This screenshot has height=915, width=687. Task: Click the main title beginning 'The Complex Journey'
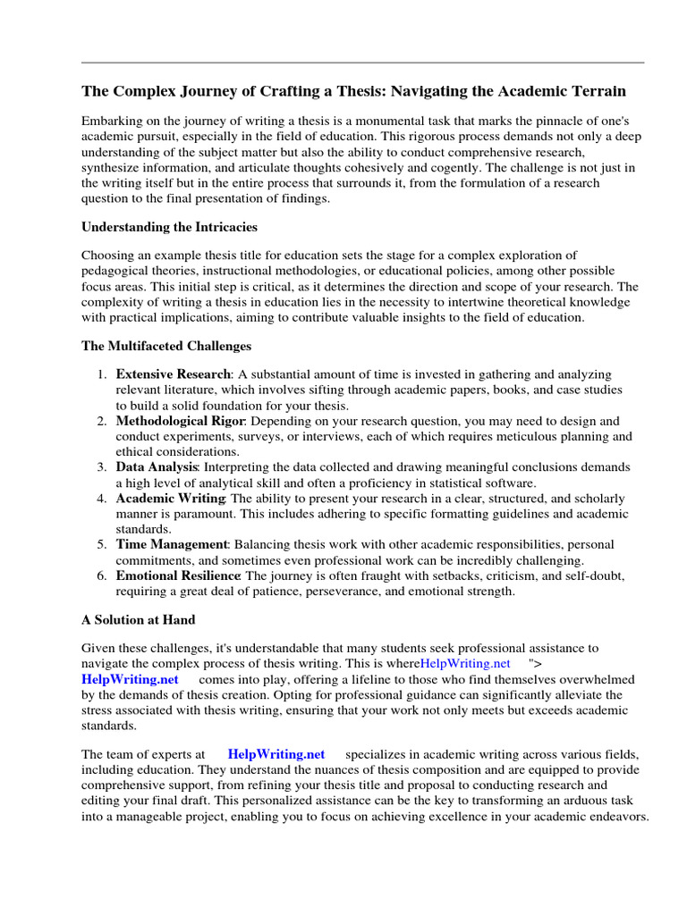[353, 91]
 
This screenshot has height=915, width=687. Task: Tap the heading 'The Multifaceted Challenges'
[166, 345]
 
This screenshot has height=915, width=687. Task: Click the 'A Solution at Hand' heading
[138, 619]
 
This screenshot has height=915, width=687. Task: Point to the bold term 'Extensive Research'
[174, 374]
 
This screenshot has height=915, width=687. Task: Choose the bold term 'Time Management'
[172, 544]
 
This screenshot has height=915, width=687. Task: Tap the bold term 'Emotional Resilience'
[179, 575]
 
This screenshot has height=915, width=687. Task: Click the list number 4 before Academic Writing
[102, 498]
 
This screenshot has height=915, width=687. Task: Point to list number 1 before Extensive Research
[102, 374]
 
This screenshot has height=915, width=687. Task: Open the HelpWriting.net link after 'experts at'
[276, 754]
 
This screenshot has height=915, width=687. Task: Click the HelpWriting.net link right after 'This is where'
[465, 663]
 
